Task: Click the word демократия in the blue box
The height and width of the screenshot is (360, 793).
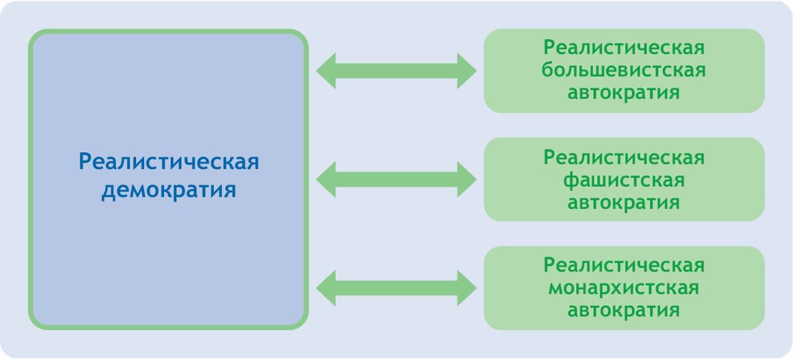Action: (x=168, y=189)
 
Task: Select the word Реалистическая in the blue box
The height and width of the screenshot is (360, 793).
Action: (x=168, y=163)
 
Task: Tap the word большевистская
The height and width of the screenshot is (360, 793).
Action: (x=623, y=70)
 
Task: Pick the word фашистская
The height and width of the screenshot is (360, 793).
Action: (x=623, y=180)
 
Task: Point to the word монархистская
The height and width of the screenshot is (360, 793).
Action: (x=623, y=288)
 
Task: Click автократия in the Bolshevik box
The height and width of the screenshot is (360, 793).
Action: (x=623, y=93)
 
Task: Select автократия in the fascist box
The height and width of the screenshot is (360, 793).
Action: (x=623, y=203)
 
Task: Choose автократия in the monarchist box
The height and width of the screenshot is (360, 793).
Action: (x=623, y=310)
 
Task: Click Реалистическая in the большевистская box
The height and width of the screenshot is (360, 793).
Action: (x=623, y=48)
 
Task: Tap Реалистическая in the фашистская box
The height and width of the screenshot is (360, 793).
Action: (x=623, y=157)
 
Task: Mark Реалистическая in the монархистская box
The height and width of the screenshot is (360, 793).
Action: (x=623, y=265)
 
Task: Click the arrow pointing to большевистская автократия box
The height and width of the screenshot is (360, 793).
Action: (x=396, y=71)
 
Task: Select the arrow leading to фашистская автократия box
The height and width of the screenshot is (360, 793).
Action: (x=396, y=180)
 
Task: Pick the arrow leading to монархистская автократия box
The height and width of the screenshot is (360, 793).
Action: (x=396, y=288)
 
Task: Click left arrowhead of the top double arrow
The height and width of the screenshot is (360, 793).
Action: (x=328, y=71)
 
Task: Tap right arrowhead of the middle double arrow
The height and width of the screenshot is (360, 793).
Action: (x=466, y=180)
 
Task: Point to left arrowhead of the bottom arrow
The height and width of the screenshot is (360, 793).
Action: (x=328, y=288)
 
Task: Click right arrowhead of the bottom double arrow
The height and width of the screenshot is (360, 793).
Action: (x=466, y=288)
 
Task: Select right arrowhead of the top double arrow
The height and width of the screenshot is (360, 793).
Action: (x=466, y=71)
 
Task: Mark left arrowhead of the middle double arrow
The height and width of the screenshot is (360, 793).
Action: (x=328, y=180)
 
